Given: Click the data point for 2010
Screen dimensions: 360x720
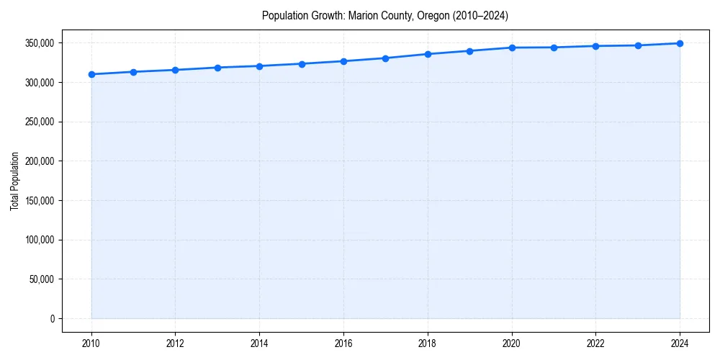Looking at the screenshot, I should click(x=91, y=74).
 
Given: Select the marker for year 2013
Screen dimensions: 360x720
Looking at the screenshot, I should click(x=217, y=68).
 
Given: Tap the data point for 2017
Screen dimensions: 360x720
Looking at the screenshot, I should click(x=386, y=58).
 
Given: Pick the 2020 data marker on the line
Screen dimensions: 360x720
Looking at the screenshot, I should click(x=512, y=48).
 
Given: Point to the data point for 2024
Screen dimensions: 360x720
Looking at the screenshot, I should click(x=680, y=43).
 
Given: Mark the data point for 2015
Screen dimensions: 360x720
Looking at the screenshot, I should click(x=302, y=64).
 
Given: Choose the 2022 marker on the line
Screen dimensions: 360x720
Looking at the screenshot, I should click(x=596, y=46).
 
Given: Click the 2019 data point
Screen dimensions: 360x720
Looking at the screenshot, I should click(x=469, y=51).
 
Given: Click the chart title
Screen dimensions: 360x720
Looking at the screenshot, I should click(x=385, y=16).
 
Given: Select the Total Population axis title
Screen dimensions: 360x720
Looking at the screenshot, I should click(x=15, y=181).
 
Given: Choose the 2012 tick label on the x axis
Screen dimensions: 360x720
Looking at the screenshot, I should click(x=176, y=343).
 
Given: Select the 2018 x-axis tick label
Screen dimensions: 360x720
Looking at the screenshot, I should click(x=428, y=343).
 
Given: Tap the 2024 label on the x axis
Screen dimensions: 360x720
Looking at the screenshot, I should click(x=680, y=343).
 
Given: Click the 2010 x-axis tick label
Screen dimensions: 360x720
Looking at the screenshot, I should click(x=91, y=343).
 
